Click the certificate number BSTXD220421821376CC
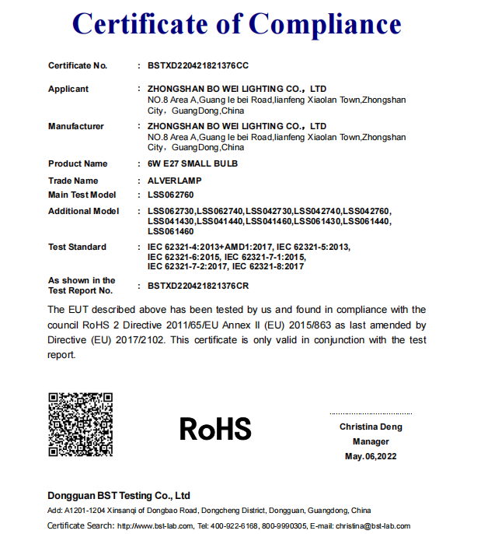click(x=198, y=65)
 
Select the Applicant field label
click(x=68, y=89)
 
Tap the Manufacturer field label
click(x=76, y=126)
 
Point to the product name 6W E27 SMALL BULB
click(x=193, y=163)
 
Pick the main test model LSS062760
click(x=170, y=195)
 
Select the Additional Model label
click(x=84, y=211)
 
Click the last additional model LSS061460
click(x=170, y=231)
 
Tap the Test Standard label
click(x=77, y=247)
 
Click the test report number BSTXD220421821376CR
click(x=198, y=286)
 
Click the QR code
click(x=81, y=424)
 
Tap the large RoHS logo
click(x=215, y=429)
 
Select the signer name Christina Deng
click(x=370, y=427)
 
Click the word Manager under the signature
click(x=370, y=441)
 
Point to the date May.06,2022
click(x=370, y=456)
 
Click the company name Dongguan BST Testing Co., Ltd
click(x=119, y=496)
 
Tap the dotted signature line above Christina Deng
click(x=370, y=413)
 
